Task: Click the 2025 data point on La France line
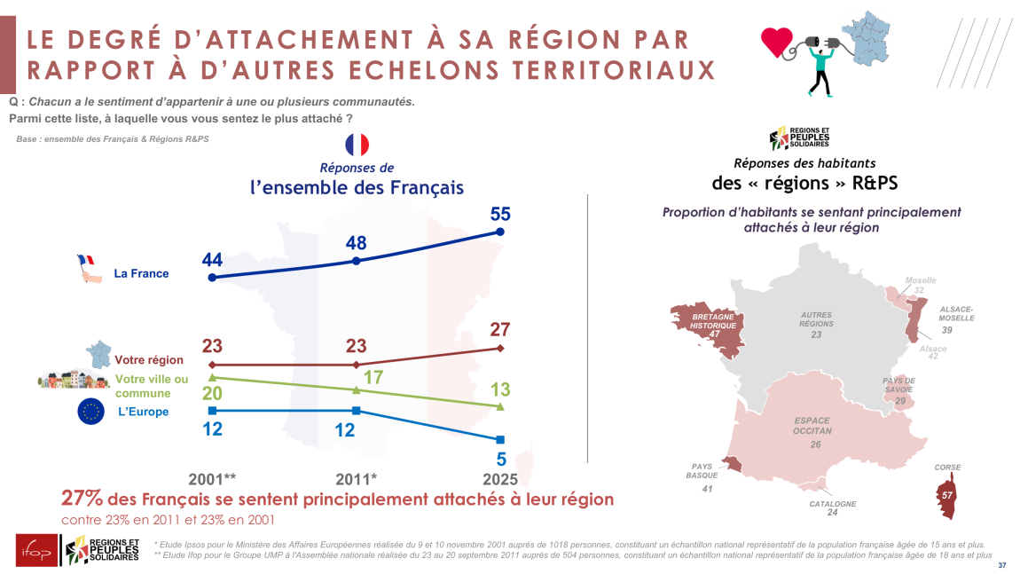tap(500, 232)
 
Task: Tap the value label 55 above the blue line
tap(500, 214)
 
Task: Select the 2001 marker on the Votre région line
tap(211, 365)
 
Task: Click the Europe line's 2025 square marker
tap(500, 439)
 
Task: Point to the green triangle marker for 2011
tap(356, 389)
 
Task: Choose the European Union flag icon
tap(91, 412)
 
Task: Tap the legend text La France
tap(141, 273)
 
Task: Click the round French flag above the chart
tap(357, 145)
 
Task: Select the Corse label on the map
tap(947, 468)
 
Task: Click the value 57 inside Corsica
tap(947, 494)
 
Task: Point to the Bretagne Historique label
tap(713, 320)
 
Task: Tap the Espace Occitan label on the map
tap(812, 425)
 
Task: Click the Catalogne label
tap(833, 504)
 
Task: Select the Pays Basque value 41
tap(707, 489)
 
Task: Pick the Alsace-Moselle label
tap(957, 313)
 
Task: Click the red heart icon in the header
tap(777, 42)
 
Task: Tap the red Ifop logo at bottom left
tap(34, 549)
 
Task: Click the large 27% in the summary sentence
tap(82, 499)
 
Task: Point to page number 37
tap(1002, 566)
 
